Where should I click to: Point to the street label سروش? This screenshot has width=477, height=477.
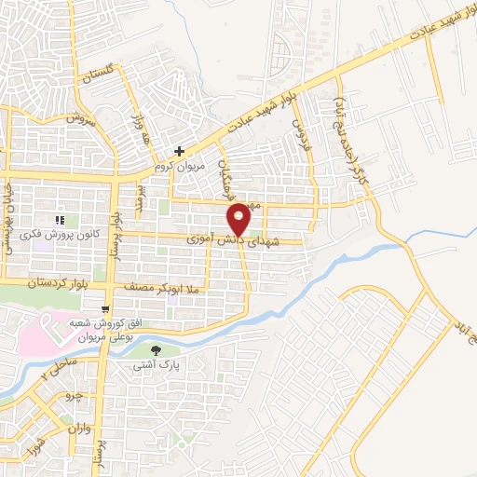tap(83, 119)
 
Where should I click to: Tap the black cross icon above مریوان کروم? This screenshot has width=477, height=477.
tap(179, 150)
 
